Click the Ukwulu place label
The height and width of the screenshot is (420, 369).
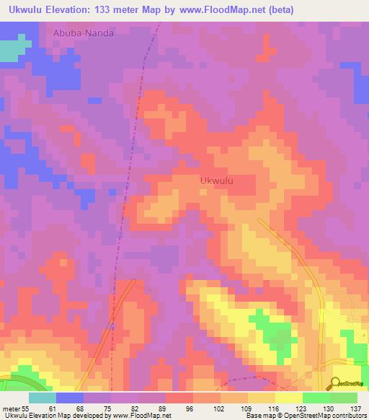pyautogui.click(x=216, y=181)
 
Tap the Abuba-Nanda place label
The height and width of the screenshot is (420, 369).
pyautogui.click(x=83, y=32)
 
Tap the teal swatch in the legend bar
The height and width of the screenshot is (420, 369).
pyautogui.click(x=43, y=397)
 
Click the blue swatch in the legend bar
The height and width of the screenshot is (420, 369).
pyautogui.click(x=70, y=397)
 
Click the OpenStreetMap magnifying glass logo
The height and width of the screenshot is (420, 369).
pyautogui.click(x=337, y=383)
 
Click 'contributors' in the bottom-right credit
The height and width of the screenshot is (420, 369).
pyautogui.click(x=350, y=416)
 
